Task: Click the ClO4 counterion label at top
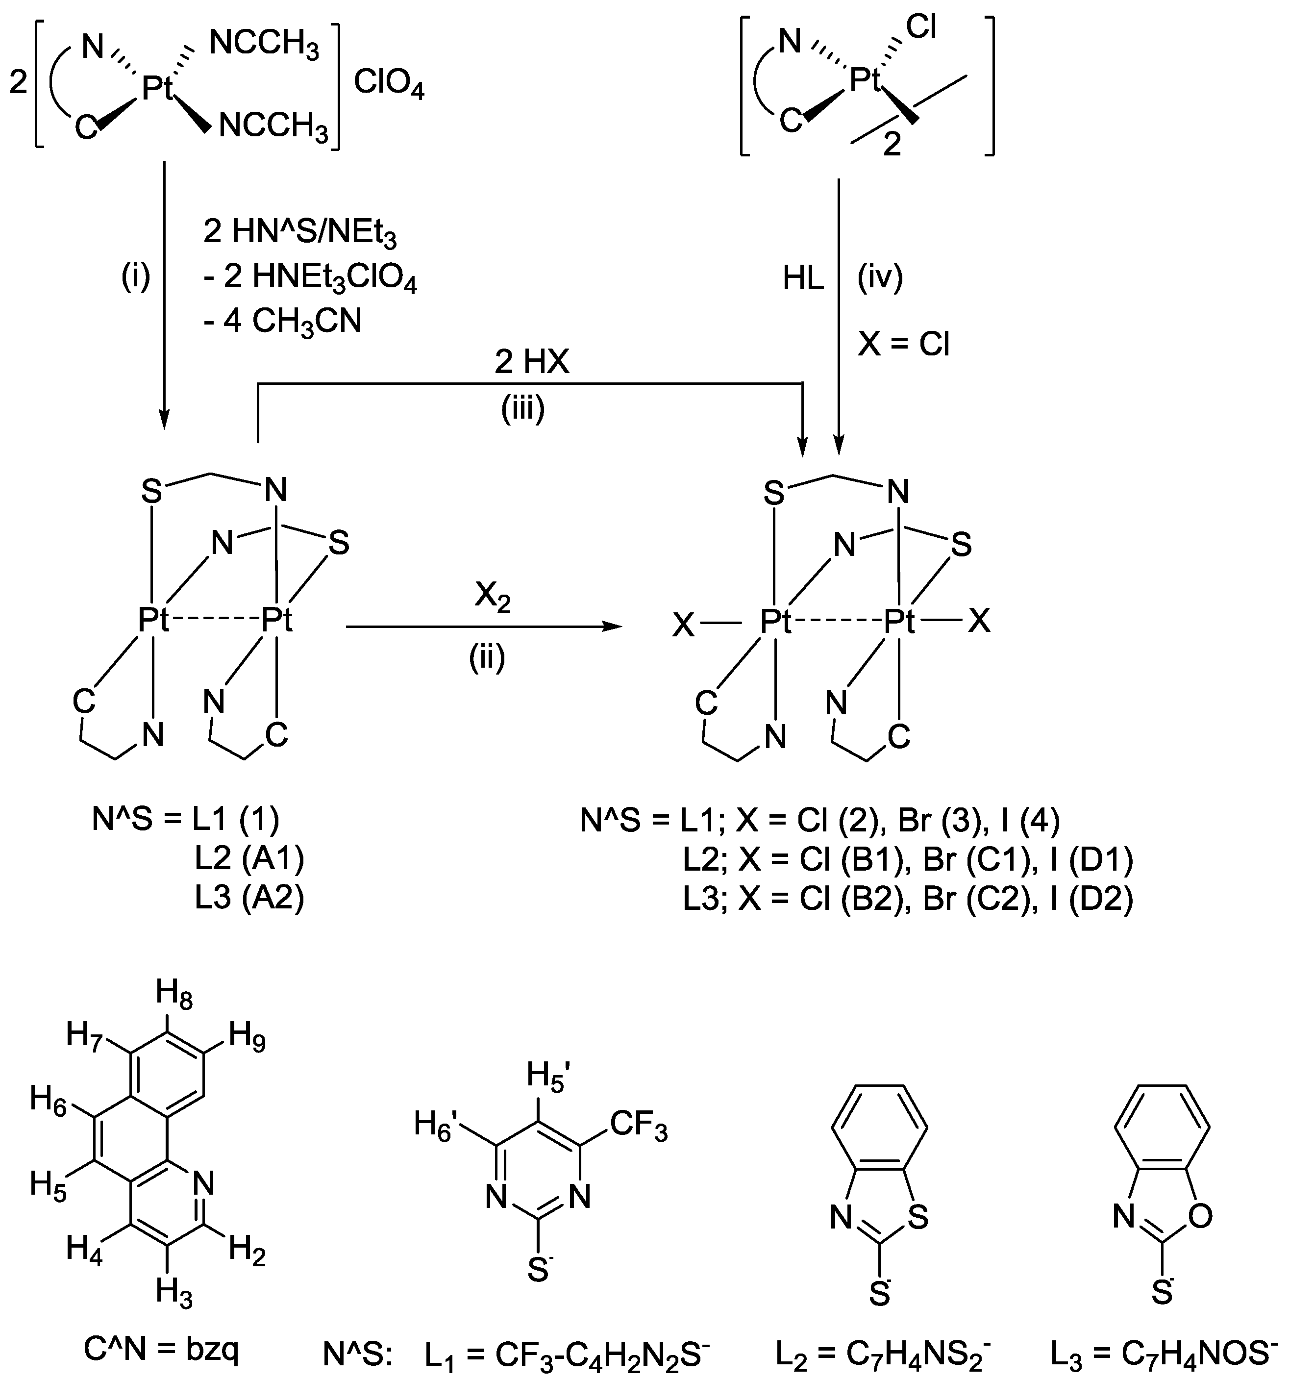tap(389, 86)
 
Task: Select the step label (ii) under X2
tap(487, 657)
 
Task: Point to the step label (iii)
tap(522, 409)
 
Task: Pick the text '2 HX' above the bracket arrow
tap(532, 362)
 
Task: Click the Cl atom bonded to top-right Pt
tap(922, 28)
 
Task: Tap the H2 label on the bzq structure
tap(247, 1252)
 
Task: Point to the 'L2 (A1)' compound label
tap(249, 859)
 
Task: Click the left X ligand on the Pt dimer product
tap(684, 626)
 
